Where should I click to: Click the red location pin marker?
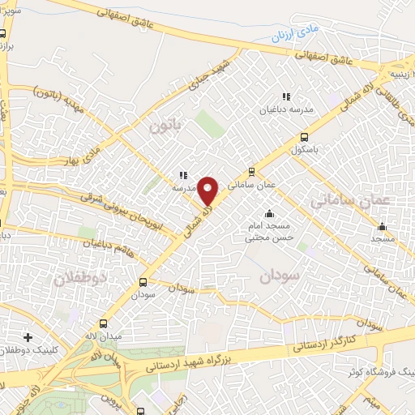[208, 190]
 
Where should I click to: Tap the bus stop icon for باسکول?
[304, 137]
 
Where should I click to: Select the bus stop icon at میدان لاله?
[103, 323]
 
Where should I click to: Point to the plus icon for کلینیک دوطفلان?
[28, 336]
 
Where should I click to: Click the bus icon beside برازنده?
[3, 34]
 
